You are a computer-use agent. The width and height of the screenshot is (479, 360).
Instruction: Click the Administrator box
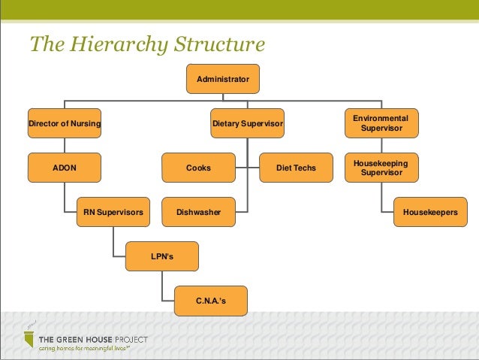pyautogui.click(x=223, y=79)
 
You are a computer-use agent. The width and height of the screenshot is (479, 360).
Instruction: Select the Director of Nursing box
pyautogui.click(x=65, y=123)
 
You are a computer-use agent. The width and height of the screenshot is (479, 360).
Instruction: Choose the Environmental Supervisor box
pyautogui.click(x=381, y=123)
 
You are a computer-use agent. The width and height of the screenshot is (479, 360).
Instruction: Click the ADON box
pyautogui.click(x=65, y=168)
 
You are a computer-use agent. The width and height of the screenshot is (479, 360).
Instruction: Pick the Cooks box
pyautogui.click(x=199, y=168)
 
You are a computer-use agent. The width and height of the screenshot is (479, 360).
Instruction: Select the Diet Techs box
pyautogui.click(x=296, y=168)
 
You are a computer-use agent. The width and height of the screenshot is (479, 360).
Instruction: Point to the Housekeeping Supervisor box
pyautogui.click(x=381, y=168)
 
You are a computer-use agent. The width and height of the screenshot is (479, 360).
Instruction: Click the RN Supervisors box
pyautogui.click(x=113, y=213)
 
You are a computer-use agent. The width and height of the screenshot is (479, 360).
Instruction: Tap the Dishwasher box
pyautogui.click(x=199, y=213)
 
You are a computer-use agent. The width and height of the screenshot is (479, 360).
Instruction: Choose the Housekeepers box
pyautogui.click(x=429, y=213)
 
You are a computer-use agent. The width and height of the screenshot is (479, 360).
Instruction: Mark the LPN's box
pyautogui.click(x=162, y=257)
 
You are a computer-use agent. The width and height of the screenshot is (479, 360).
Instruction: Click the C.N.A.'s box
pyautogui.click(x=210, y=301)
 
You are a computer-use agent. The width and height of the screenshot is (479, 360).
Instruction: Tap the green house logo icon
pyautogui.click(x=29, y=340)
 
